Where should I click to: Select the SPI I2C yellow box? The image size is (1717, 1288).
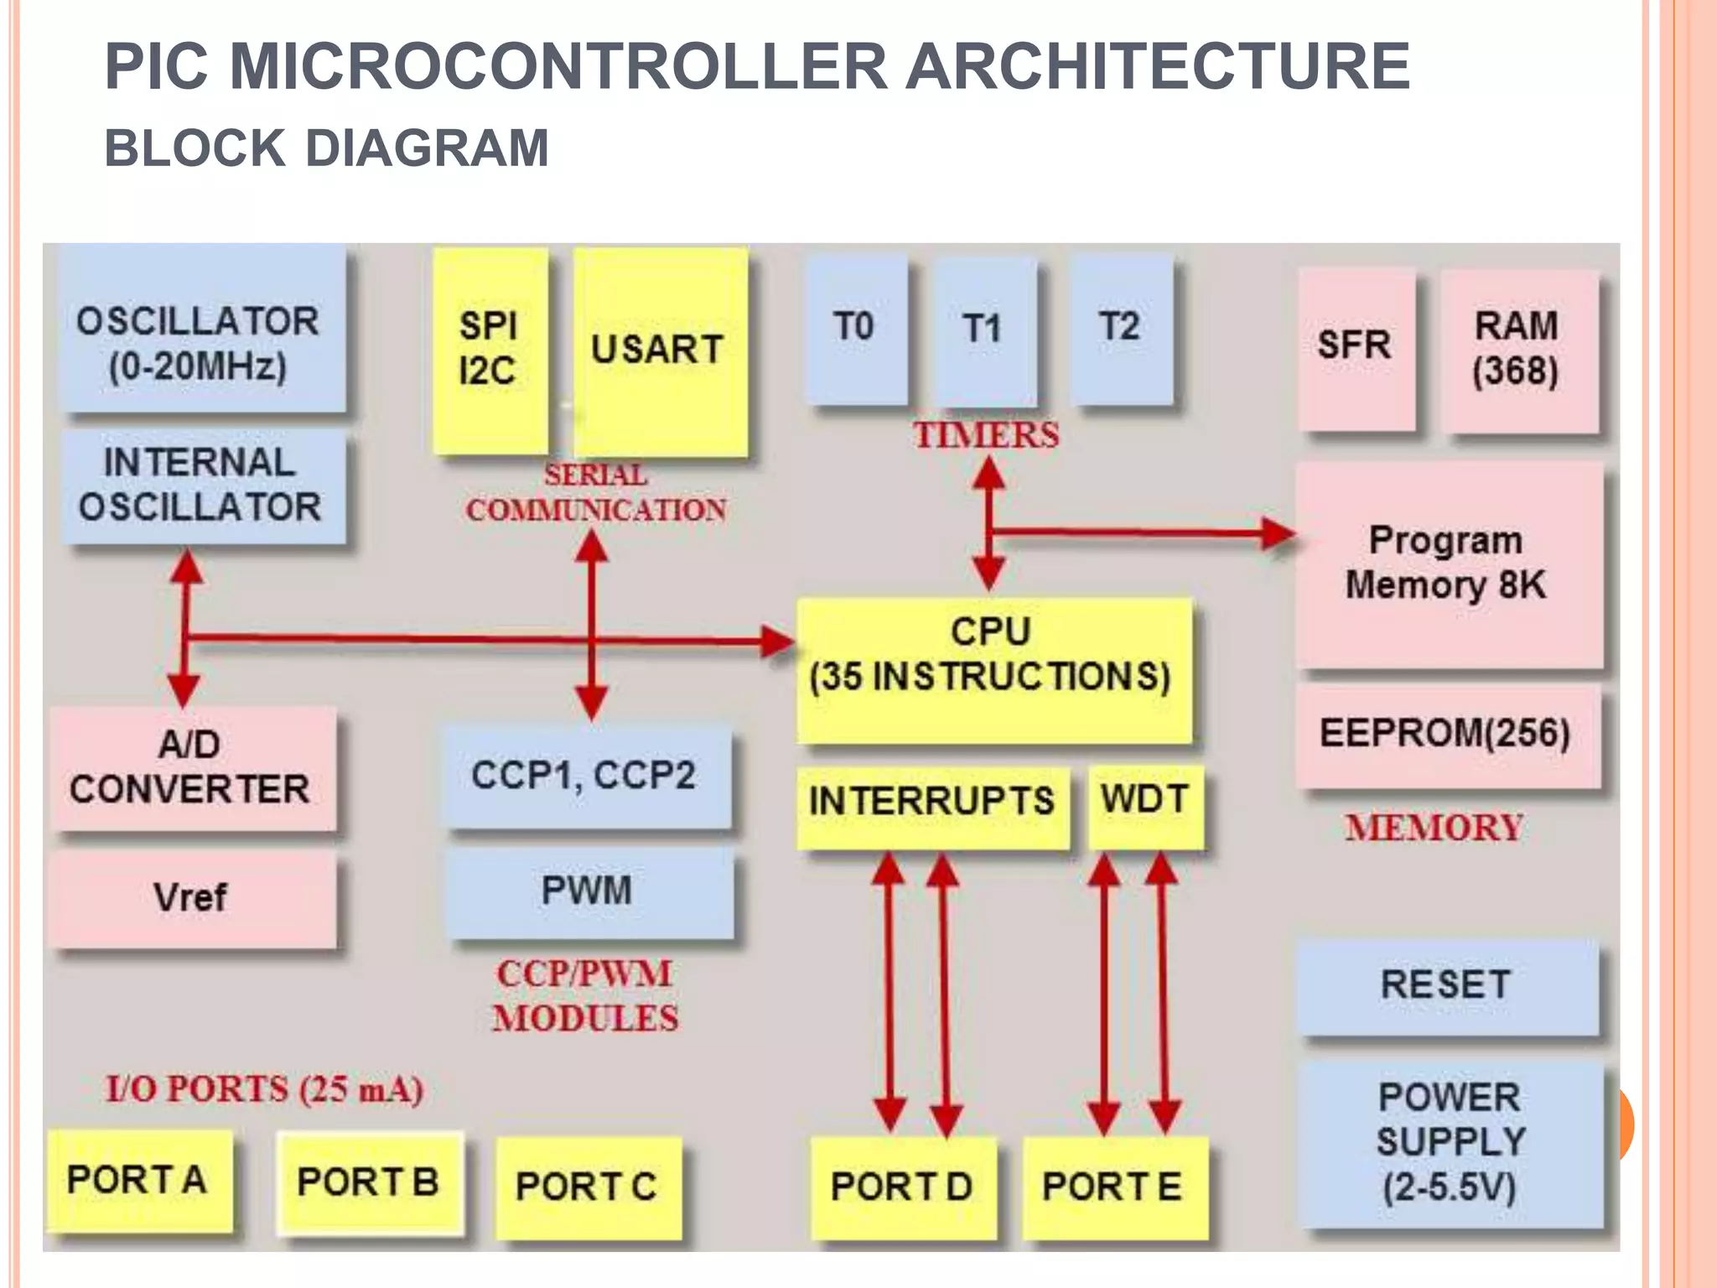coord(490,350)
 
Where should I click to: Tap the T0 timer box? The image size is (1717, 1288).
coord(855,329)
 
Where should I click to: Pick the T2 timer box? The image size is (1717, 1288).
coord(1120,329)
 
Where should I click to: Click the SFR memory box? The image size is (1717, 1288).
coord(1355,347)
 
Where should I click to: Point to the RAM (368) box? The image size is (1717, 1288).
coord(1517,350)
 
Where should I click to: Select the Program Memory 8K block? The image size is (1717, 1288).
coord(1447,563)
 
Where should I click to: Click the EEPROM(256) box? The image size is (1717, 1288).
coord(1445,735)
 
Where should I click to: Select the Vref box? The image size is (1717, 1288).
coord(191,897)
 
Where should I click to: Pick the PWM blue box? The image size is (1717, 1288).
coord(587,891)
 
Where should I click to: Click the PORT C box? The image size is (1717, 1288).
coord(587,1186)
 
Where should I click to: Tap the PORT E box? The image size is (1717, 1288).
coord(1113,1186)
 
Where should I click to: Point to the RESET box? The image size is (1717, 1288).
coord(1445,984)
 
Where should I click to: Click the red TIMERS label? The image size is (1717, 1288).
coord(987,436)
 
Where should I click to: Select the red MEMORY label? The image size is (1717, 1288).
coord(1434,828)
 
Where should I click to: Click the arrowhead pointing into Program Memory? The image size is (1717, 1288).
coord(1278,533)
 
